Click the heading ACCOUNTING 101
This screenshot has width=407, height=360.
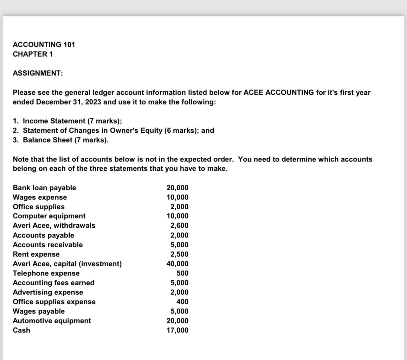point(44,45)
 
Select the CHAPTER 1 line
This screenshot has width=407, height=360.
point(33,54)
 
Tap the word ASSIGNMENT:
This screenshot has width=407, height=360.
point(38,73)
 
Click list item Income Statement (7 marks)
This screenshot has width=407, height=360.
point(72,121)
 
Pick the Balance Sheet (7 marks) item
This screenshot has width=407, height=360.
point(65,140)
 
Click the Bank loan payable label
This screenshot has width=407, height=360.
point(44,188)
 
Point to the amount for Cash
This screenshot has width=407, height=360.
point(178,330)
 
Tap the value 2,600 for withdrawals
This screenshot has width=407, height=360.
point(179,225)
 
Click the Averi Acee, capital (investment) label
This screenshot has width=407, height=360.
point(67,264)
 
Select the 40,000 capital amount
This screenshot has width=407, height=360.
point(178,264)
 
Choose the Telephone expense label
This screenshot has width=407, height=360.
point(46,273)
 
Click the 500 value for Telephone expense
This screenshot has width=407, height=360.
point(182,273)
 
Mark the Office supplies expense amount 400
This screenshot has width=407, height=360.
point(182,302)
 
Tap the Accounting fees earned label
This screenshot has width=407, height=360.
point(54,283)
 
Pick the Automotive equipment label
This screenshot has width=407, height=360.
point(52,321)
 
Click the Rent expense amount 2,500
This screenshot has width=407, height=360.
point(179,254)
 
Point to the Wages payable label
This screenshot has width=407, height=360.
point(39,311)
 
